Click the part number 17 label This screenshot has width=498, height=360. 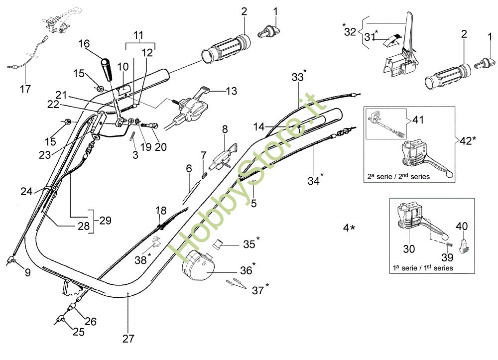25,90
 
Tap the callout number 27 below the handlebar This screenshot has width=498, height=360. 128,339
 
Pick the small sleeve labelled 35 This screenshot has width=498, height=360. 219,244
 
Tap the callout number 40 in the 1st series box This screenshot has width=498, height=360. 462,227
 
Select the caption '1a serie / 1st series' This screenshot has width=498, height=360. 423,268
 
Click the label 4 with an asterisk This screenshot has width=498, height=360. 349,228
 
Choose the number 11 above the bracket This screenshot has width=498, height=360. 139,36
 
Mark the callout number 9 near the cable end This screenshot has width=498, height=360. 27,272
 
